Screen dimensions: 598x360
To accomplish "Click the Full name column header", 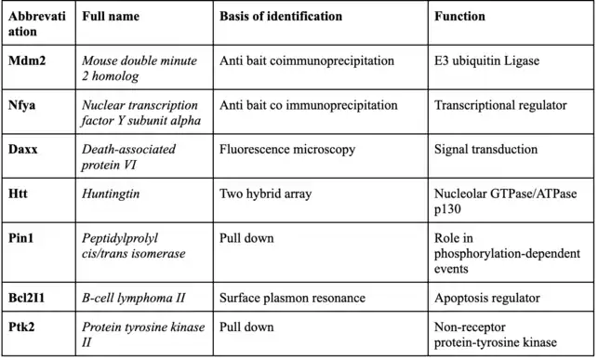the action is pos(111,17).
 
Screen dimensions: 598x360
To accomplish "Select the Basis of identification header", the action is pos(281,17).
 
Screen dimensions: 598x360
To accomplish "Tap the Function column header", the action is pos(459,17).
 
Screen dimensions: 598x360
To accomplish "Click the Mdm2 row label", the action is pos(27,60).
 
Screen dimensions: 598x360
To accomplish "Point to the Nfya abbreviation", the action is pos(21,106).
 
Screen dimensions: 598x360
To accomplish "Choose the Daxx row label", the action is pos(23,149).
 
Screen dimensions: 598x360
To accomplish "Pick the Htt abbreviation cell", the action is pos(18,193).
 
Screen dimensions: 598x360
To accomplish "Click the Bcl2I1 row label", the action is pos(26,298).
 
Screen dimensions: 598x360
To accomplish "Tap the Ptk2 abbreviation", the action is pos(21,327).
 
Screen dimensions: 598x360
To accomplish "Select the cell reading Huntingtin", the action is pos(111,194).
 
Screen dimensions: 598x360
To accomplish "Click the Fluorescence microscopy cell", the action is pos(287,150).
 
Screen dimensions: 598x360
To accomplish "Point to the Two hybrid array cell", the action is pos(265,194).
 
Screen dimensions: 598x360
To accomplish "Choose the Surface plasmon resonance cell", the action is pos(292,298).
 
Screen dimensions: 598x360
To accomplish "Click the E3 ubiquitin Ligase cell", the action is pos(486,61).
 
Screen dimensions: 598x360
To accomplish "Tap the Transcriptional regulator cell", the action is pos(500,106).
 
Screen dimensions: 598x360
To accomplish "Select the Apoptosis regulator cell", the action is pos(487,299).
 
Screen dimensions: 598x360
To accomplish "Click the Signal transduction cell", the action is pos(485,150).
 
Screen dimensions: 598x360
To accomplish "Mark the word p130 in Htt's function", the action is pos(447,209).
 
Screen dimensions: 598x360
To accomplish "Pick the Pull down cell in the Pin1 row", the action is pos(246,238).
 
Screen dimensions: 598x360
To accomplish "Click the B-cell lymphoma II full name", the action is pos(133,299).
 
